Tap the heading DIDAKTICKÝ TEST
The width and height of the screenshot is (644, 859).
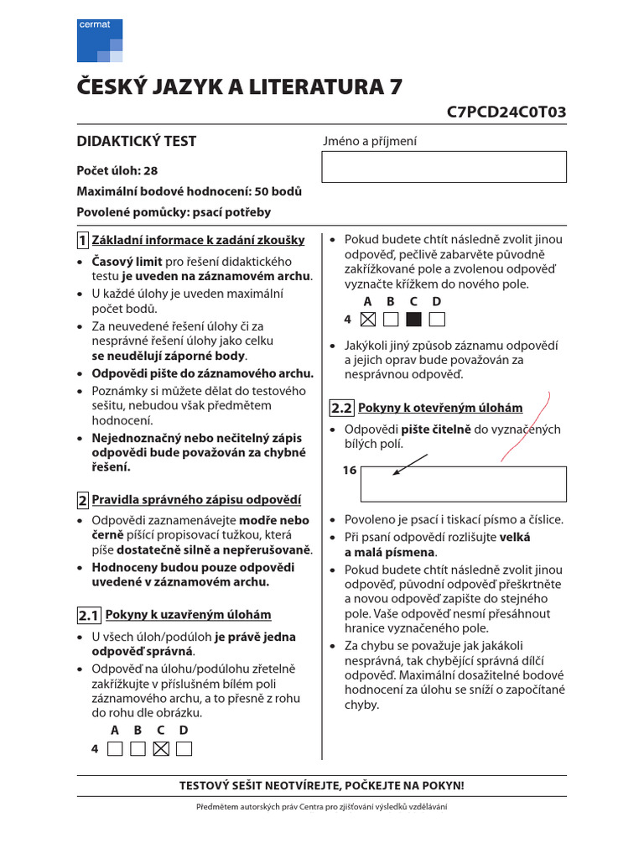point(137,142)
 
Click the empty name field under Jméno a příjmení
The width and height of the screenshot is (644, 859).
point(444,167)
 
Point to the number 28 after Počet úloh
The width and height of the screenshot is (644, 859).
point(151,170)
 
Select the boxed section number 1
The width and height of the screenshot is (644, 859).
point(83,241)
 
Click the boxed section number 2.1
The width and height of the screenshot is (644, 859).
point(89,616)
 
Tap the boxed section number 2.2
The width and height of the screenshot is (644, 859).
point(341,409)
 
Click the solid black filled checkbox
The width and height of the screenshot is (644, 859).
point(413,319)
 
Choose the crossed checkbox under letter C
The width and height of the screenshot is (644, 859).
point(162,748)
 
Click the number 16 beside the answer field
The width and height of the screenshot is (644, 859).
point(350,471)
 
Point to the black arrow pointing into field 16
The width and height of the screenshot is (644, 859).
point(410,464)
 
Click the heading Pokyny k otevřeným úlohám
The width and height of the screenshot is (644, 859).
point(440,409)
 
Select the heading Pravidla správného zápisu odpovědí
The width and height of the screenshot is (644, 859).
point(195,500)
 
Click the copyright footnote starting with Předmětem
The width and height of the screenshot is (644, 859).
point(322,806)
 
